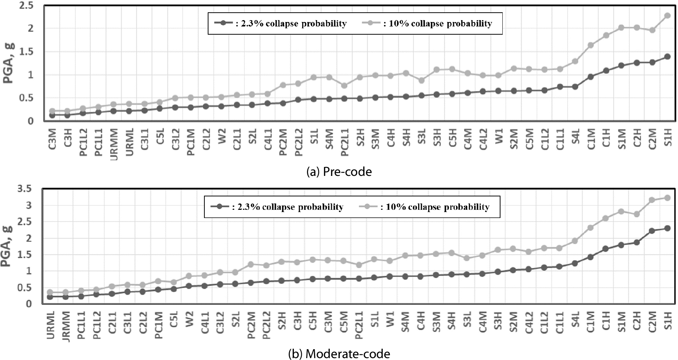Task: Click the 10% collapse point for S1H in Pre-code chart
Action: coord(668,16)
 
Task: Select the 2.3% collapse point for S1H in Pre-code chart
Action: coord(668,57)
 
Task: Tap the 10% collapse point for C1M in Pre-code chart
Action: coord(591,45)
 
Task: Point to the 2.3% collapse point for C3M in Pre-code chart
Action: coord(52,115)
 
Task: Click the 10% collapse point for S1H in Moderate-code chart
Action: coord(668,198)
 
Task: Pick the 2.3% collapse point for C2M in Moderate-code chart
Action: coord(652,231)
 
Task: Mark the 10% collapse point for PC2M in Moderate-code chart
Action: coord(251,265)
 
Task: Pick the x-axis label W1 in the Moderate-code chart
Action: coord(390,320)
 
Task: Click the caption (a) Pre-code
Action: coord(339,171)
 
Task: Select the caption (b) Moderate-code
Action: coord(339,354)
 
